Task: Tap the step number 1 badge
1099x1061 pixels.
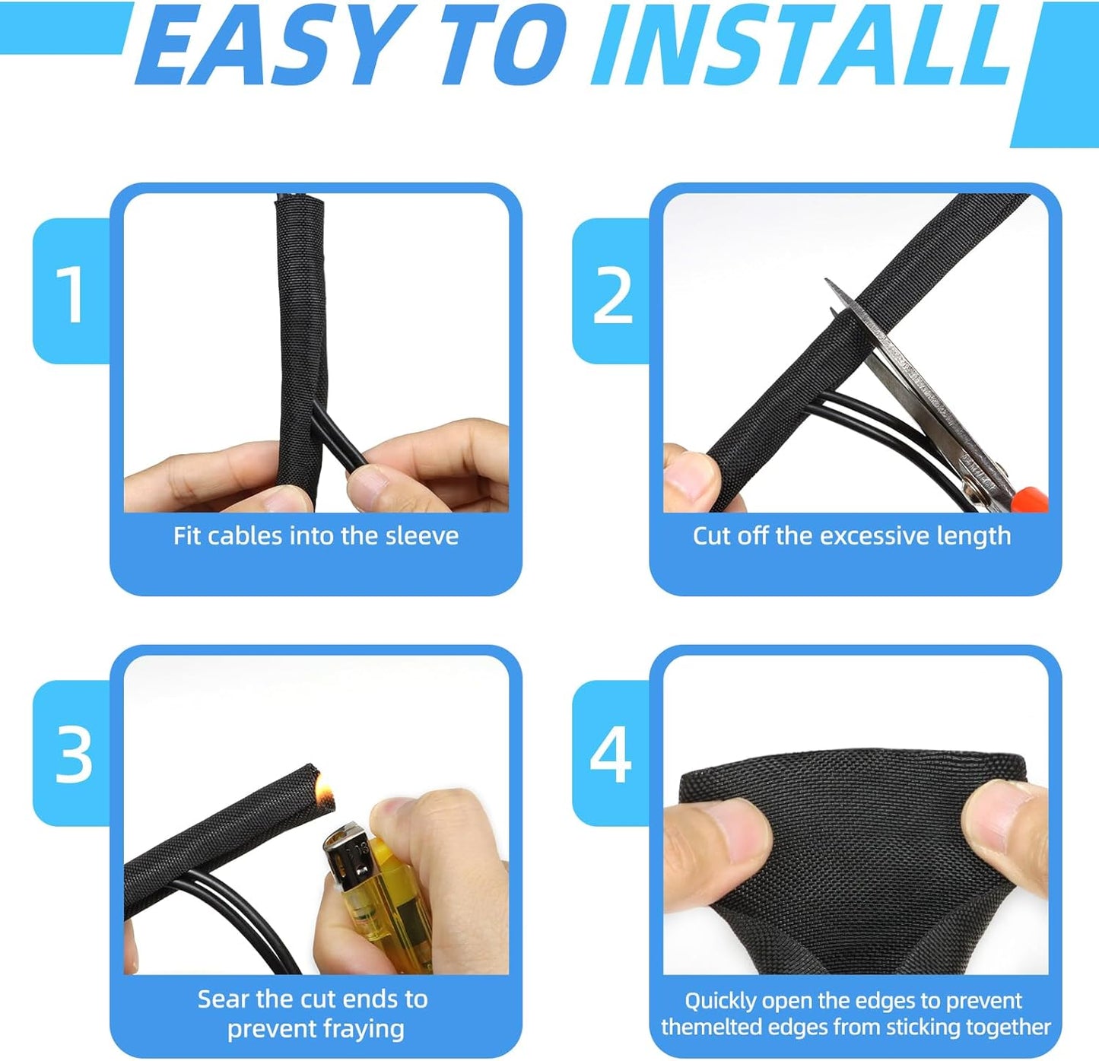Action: click(x=72, y=294)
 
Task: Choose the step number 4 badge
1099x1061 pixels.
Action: click(x=611, y=754)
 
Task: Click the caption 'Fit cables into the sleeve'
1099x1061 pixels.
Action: click(x=316, y=536)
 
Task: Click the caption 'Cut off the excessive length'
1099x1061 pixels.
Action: click(x=852, y=536)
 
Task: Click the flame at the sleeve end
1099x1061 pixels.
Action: click(x=326, y=783)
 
